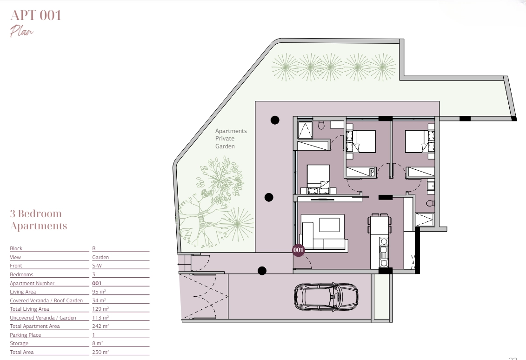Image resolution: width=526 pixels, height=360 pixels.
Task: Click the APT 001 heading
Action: (35, 15)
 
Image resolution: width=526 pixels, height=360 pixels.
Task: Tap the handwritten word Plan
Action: (22, 31)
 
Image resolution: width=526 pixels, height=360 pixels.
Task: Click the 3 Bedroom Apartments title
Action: (38, 220)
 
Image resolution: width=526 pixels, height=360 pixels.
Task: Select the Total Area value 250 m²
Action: (100, 352)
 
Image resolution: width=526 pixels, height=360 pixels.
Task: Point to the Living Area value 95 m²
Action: (99, 292)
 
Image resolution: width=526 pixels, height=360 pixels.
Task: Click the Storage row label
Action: (19, 343)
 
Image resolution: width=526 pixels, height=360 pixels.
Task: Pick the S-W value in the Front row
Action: (97, 266)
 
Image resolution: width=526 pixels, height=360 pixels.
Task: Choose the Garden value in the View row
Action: (100, 257)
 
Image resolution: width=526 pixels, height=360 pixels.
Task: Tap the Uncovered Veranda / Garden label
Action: (43, 317)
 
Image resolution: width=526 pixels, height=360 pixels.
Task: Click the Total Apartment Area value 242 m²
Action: (100, 326)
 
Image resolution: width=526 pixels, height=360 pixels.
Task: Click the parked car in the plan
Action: (326, 297)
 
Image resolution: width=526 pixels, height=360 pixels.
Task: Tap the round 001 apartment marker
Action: (298, 250)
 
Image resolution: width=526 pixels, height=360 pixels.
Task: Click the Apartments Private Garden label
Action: (231, 139)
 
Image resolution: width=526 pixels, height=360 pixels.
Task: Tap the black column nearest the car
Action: (262, 270)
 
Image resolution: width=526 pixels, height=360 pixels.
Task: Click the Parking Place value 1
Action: (93, 334)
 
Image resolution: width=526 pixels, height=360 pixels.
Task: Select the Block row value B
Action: (94, 248)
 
